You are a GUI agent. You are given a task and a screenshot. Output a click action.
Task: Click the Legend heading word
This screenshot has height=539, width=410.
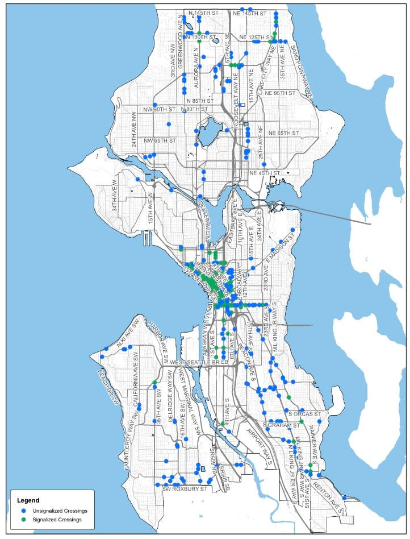coord(28,501)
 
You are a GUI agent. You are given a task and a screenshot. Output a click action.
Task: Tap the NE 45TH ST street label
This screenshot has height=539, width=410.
coord(264,173)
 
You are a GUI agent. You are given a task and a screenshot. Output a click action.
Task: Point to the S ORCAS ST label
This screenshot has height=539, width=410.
coord(304,413)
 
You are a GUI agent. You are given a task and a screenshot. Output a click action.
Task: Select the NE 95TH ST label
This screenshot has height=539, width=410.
coord(280,93)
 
